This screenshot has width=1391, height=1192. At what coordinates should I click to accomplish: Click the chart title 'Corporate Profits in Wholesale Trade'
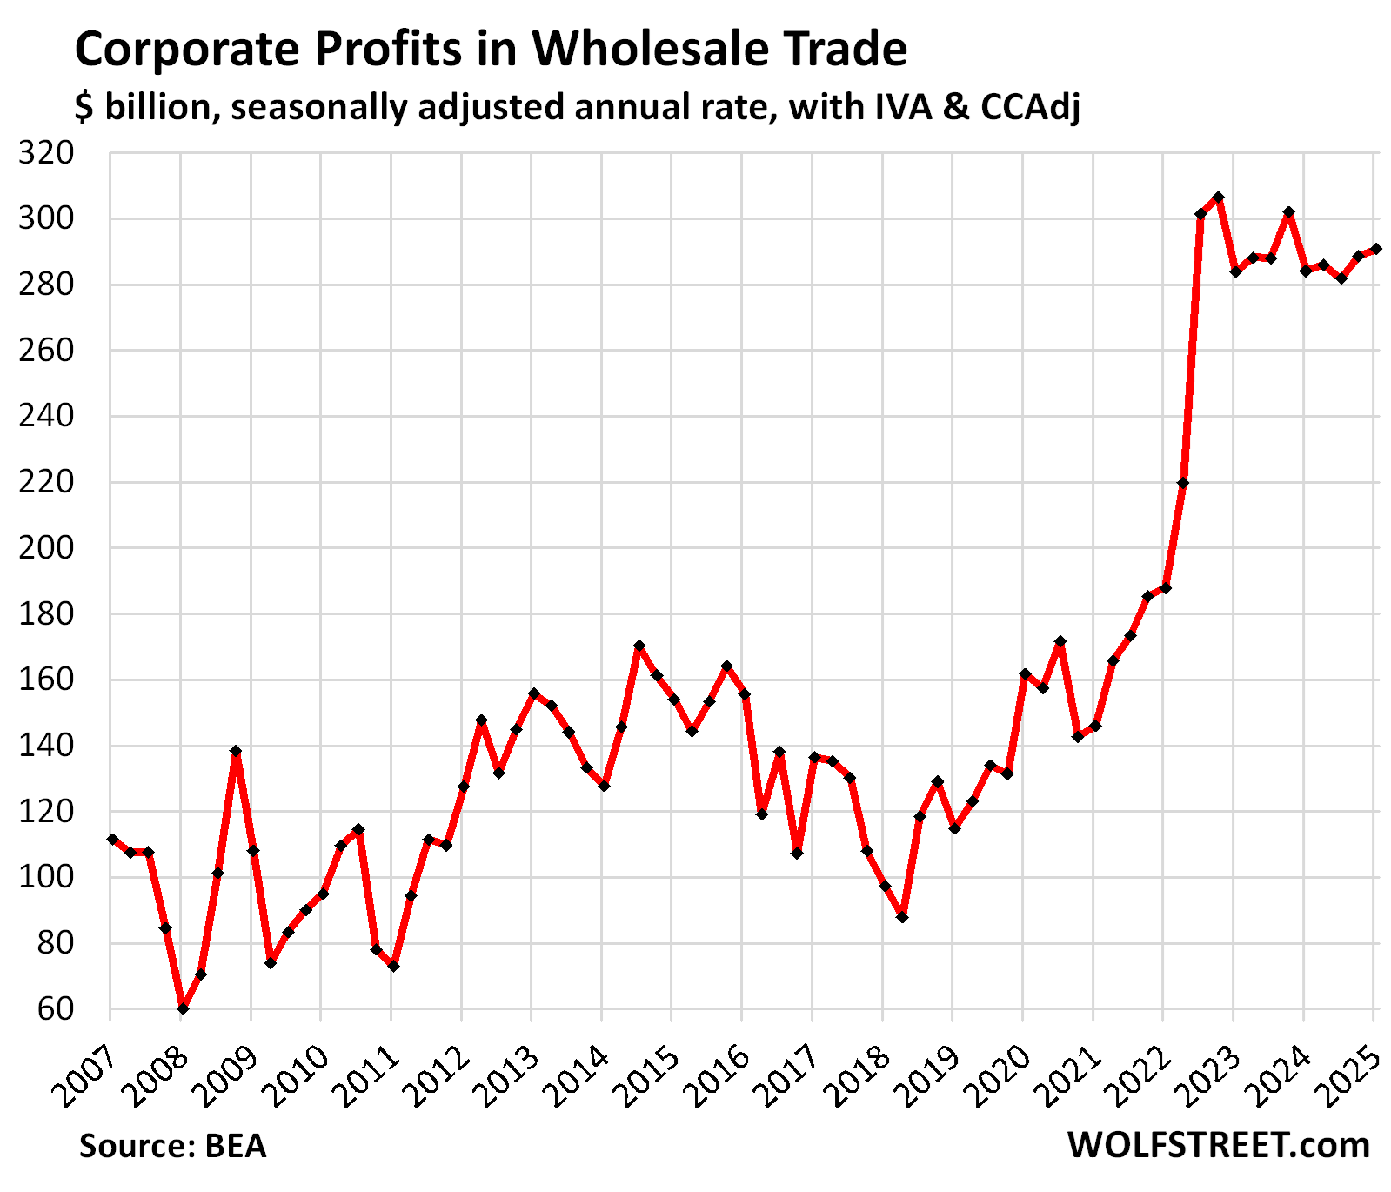(x=491, y=49)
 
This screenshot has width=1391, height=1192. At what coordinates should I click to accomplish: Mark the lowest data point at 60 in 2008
(x=183, y=1008)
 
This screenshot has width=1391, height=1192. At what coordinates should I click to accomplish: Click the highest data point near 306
(x=1218, y=198)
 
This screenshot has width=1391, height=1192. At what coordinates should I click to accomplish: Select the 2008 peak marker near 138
(x=235, y=751)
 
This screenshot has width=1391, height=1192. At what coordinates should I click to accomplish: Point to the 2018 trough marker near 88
(x=902, y=916)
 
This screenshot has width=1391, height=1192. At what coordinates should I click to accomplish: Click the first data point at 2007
(x=112, y=839)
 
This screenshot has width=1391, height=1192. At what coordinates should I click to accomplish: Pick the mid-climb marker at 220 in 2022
(x=1183, y=483)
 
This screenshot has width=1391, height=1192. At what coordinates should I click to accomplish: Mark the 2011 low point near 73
(x=393, y=966)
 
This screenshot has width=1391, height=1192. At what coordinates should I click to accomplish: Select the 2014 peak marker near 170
(x=639, y=646)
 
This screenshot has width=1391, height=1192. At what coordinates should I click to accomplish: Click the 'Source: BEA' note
(x=172, y=1146)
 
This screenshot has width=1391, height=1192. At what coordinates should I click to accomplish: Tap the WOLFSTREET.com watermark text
(x=1218, y=1146)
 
